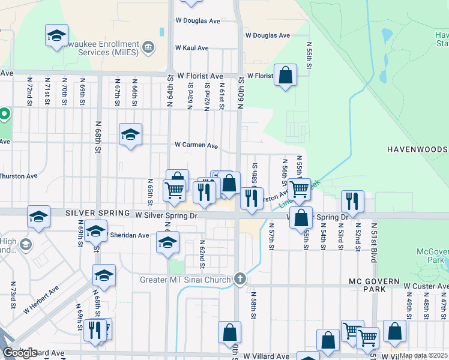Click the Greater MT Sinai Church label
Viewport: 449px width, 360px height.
click(185, 280)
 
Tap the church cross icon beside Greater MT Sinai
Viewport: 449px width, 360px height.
click(240, 279)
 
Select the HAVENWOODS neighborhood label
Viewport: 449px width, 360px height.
click(417, 149)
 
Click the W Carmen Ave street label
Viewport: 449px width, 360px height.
click(196, 145)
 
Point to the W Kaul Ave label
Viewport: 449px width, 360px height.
click(191, 47)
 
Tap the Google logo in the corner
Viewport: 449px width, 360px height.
click(20, 353)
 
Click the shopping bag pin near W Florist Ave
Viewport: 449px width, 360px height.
click(286, 76)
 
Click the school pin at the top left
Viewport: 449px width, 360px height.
click(56, 35)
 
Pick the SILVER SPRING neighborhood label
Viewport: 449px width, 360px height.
click(98, 213)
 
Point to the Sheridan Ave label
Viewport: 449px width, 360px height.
click(130, 235)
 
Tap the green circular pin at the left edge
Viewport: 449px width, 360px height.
click(4, 114)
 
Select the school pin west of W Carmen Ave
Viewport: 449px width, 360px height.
click(130, 135)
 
